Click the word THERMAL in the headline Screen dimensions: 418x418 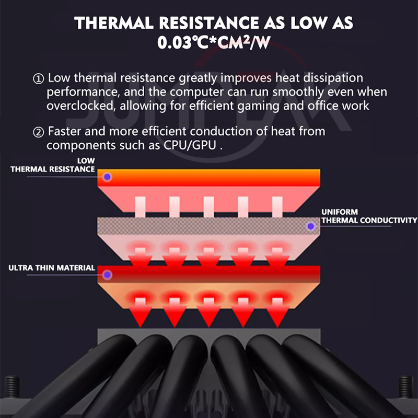point(114,22)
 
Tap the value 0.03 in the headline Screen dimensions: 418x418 point(174,43)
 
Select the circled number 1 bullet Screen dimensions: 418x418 point(38,79)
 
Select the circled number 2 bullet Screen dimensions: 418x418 point(38,132)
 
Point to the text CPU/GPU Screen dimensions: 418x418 point(190,146)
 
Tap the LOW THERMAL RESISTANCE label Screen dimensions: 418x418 point(53,165)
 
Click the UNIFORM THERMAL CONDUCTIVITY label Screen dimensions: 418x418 point(369,216)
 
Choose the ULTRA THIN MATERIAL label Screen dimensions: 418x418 point(52,268)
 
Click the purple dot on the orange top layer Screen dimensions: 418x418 point(108,177)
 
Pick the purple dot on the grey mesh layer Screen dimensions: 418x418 point(311,226)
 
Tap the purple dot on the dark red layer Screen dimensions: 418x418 point(108,275)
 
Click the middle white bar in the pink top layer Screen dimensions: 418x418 point(208,207)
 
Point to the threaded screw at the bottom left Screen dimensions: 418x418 point(12,387)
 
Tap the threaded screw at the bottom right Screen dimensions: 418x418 point(406,387)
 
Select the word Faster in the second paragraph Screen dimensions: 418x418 point(64,132)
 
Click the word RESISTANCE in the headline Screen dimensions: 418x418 point(208,22)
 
